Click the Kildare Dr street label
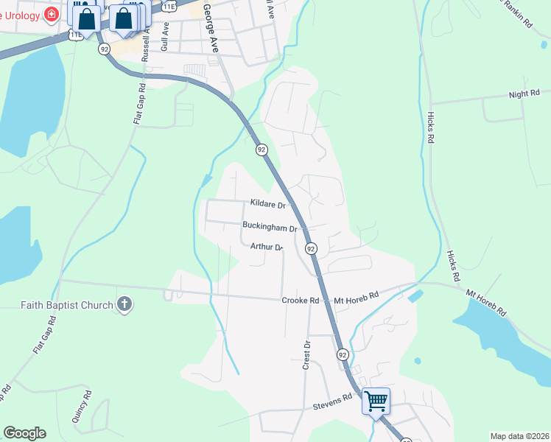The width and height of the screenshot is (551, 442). pyautogui.click(x=267, y=203)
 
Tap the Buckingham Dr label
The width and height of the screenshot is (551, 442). pyautogui.click(x=270, y=228)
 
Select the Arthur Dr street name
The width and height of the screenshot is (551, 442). pyautogui.click(x=266, y=247)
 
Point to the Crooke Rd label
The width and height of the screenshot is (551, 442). pyautogui.click(x=300, y=301)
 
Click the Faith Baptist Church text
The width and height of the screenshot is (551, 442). pyautogui.click(x=67, y=305)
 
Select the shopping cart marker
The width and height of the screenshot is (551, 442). pyautogui.click(x=376, y=401)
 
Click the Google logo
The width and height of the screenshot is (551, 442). pyautogui.click(x=24, y=433)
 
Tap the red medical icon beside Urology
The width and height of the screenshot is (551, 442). pyautogui.click(x=52, y=14)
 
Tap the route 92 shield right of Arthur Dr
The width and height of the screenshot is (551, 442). pyautogui.click(x=311, y=249)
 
